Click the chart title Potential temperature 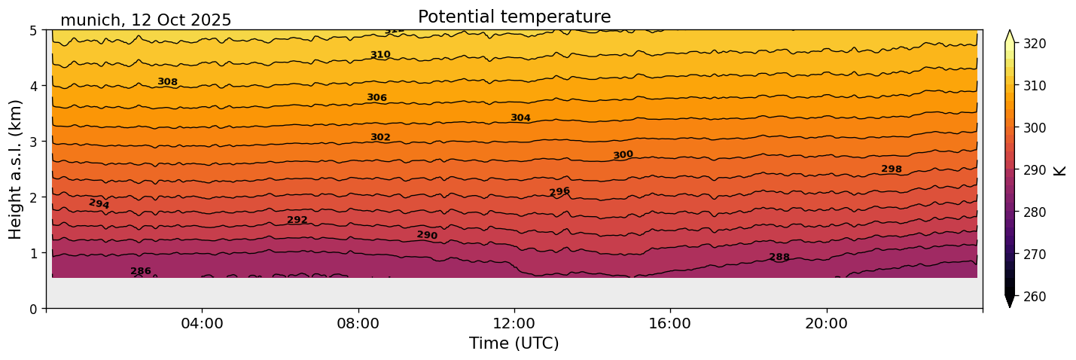click(x=514, y=17)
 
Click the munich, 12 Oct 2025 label click(x=145, y=20)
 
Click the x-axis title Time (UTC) click(x=514, y=343)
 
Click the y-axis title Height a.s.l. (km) click(x=16, y=169)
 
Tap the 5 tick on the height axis click(x=34, y=30)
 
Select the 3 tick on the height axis click(x=34, y=142)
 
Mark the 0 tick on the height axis click(x=34, y=308)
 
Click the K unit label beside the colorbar click(x=1060, y=170)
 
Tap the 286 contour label click(x=141, y=271)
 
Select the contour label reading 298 click(x=892, y=169)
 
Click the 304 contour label click(x=520, y=117)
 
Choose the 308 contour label click(x=167, y=81)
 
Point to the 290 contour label click(x=427, y=235)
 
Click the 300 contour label click(x=623, y=155)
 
